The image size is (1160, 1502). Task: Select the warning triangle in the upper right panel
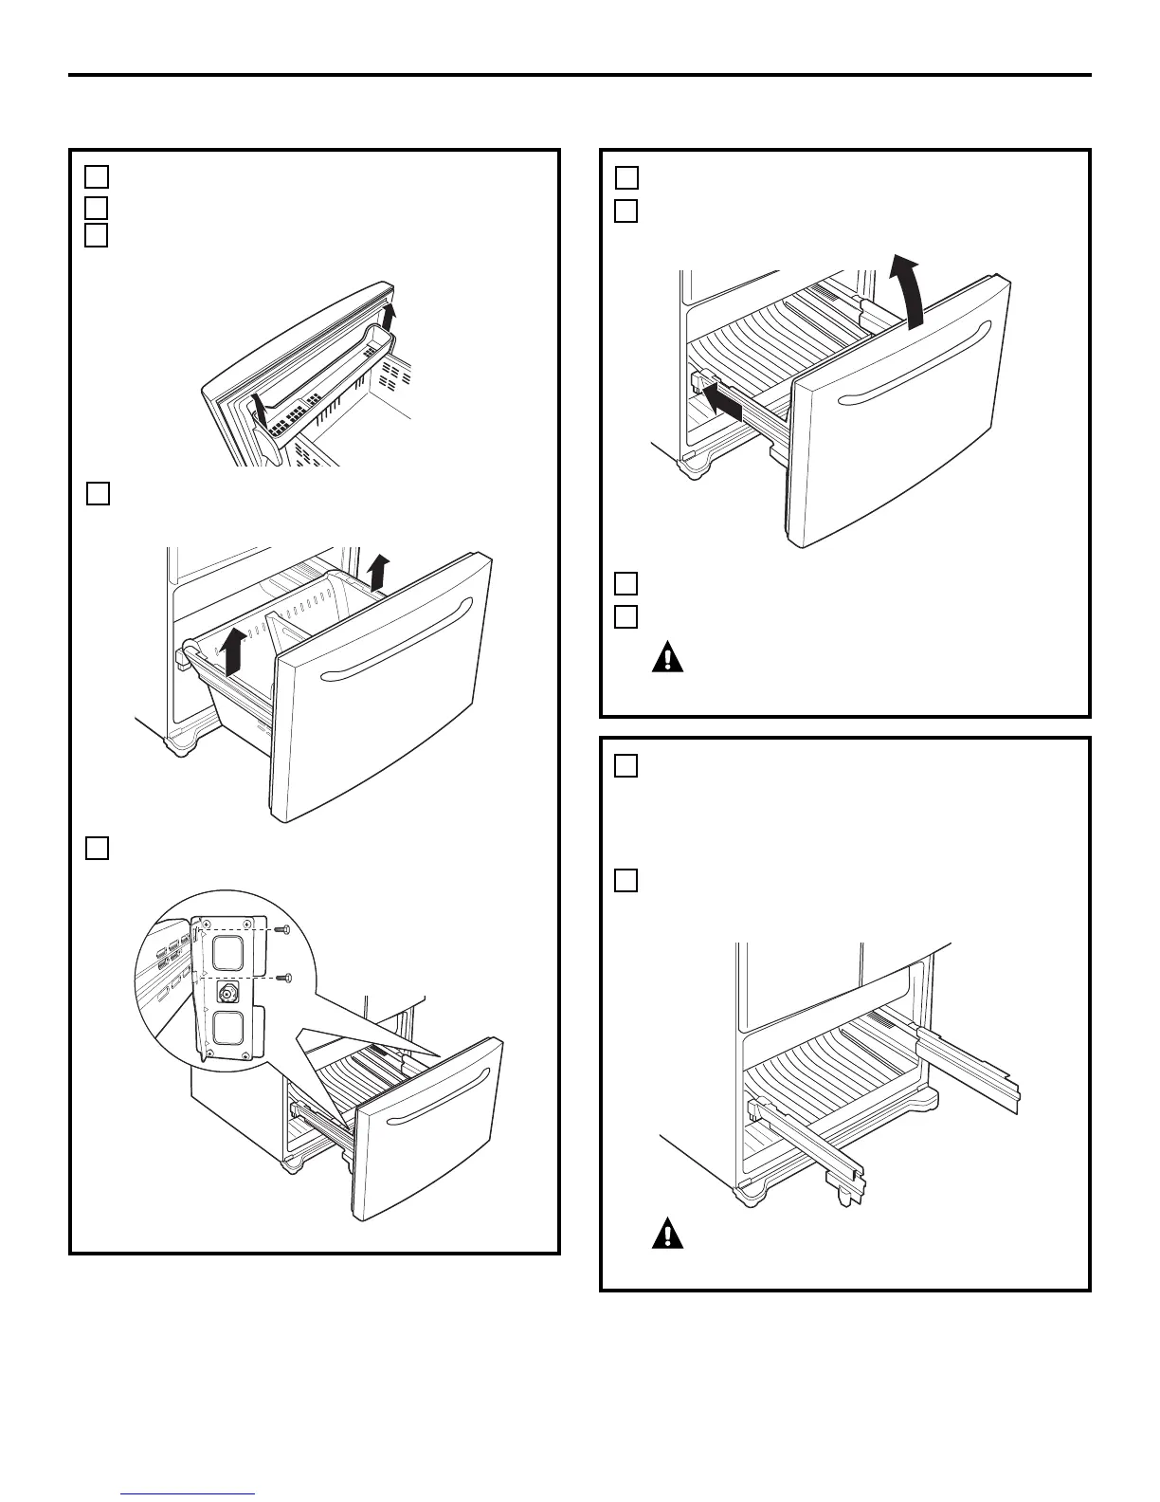667,658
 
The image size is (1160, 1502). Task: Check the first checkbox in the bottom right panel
625,766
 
